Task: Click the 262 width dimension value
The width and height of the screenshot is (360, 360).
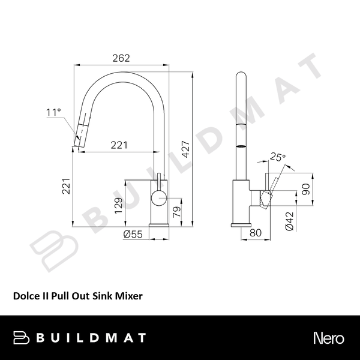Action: pos(122,58)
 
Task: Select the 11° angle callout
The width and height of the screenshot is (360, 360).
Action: pos(53,112)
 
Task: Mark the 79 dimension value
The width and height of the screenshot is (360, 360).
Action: pos(176,211)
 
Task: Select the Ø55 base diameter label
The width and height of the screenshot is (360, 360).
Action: pos(132,234)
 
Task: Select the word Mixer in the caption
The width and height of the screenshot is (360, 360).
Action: pos(130,296)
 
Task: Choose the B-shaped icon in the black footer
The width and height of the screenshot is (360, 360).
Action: pos(22,338)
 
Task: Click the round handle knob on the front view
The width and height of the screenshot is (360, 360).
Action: pos(158,199)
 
